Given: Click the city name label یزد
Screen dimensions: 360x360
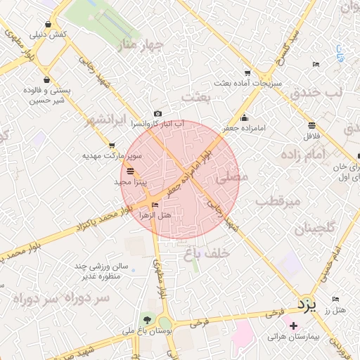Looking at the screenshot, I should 307,305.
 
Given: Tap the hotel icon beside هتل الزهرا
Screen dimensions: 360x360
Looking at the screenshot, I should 155,205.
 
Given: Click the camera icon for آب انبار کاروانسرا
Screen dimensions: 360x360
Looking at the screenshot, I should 157,113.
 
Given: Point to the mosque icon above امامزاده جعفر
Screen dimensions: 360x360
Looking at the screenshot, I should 243,117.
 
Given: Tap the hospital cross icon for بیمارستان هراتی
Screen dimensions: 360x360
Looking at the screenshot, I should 293,326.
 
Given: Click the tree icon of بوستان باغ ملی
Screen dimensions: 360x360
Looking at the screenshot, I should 146,320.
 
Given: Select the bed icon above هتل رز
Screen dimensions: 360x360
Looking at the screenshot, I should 335,299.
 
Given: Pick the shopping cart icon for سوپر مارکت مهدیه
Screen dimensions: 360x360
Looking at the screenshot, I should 112,146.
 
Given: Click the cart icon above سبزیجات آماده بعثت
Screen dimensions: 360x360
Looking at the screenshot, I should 247,72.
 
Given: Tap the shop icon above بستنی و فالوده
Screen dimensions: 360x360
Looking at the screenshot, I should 47,80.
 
